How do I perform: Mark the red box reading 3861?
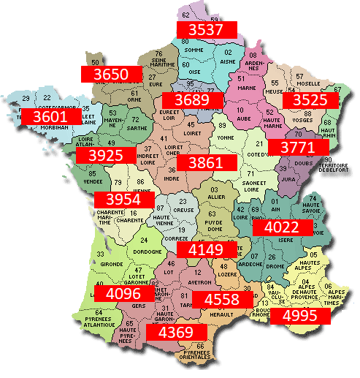click(210, 163)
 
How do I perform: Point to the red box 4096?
click(127, 294)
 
